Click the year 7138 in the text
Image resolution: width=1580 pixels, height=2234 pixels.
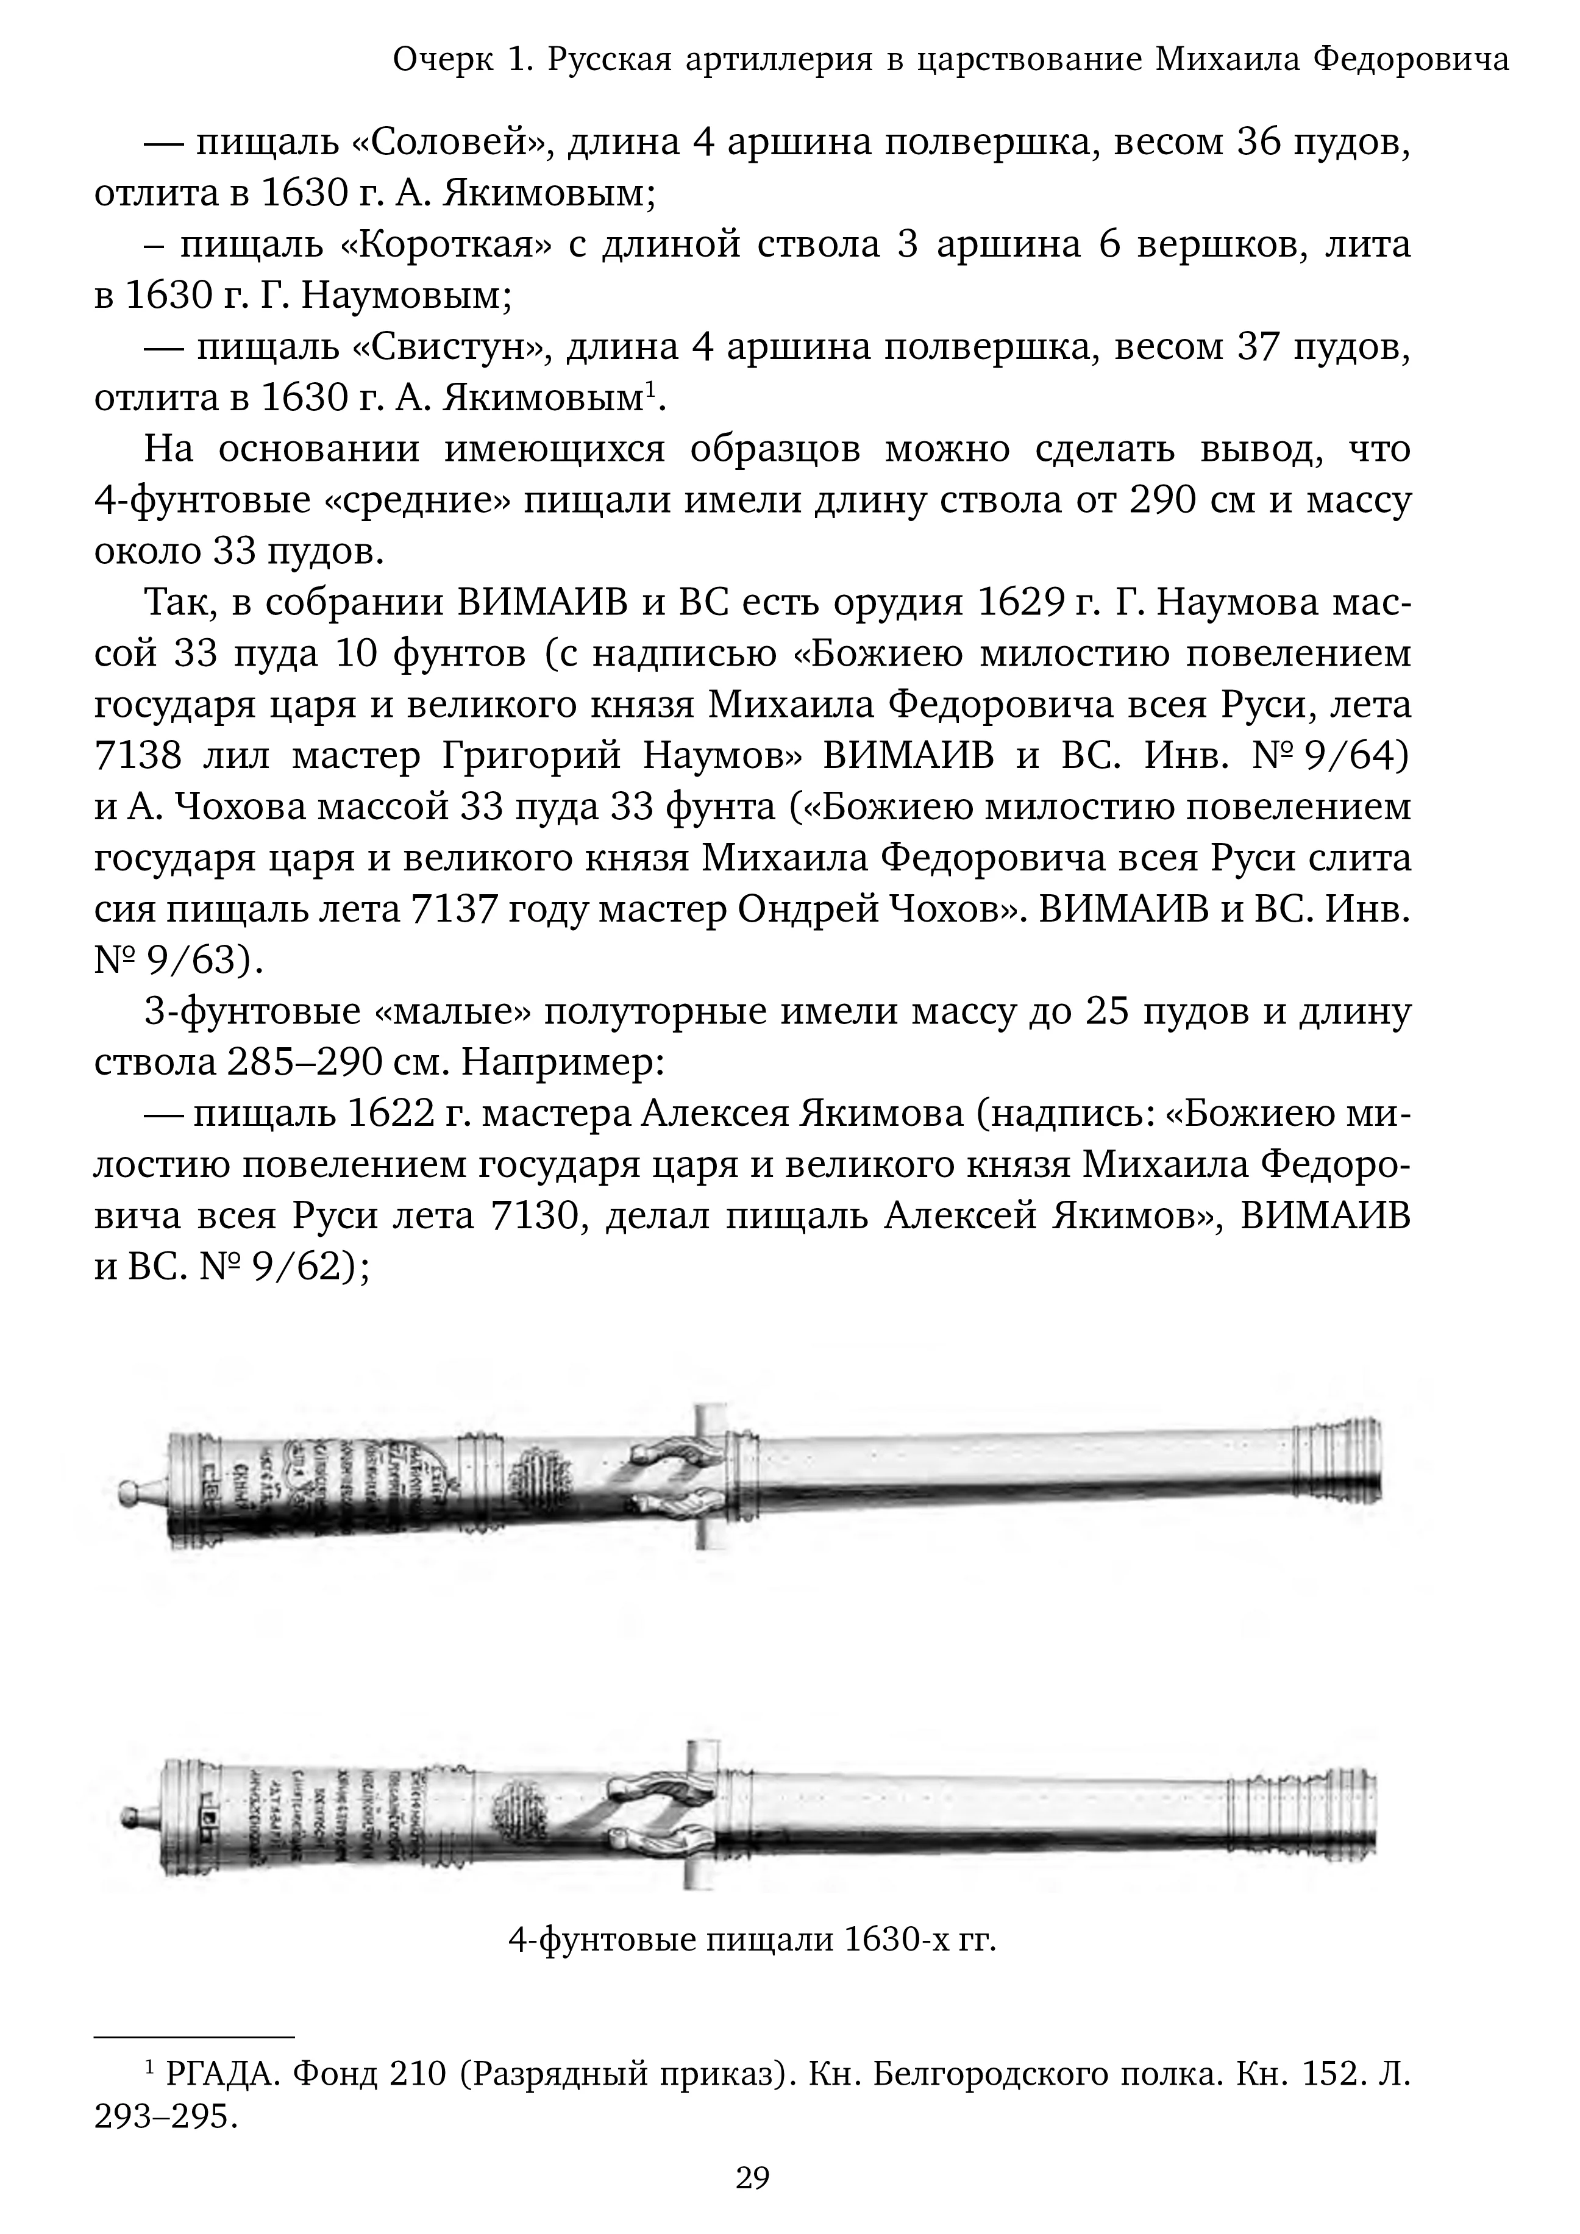[x=135, y=756]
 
